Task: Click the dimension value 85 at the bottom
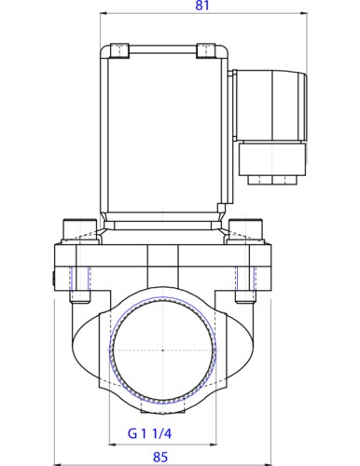pyautogui.click(x=161, y=456)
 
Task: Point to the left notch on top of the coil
pyautogui.click(x=117, y=50)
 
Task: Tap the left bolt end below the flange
pyautogui.click(x=78, y=296)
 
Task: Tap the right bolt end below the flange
pyautogui.click(x=245, y=296)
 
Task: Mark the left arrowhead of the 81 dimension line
pyautogui.click(x=102, y=14)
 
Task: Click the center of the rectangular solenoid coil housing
pyautogui.click(x=162, y=130)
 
